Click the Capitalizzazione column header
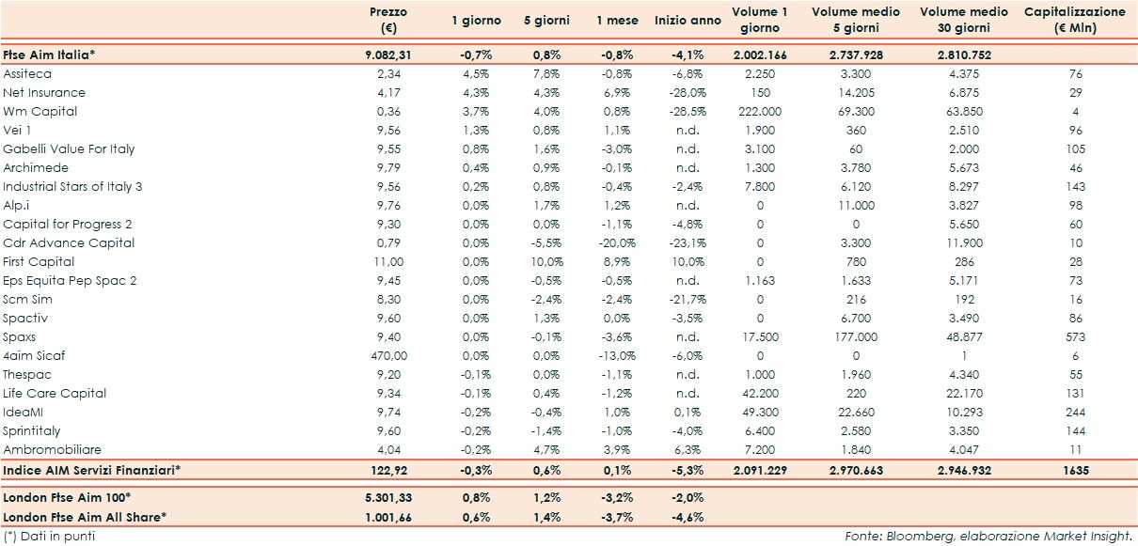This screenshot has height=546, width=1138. coord(1074,20)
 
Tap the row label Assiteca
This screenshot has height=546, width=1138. coord(27,73)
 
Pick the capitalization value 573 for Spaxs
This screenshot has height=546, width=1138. coord(1075,336)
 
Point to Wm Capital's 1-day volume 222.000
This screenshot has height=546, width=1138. coord(760,111)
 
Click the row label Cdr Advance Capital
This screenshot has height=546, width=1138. coord(69,242)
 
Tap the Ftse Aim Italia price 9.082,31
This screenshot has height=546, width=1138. coord(387,55)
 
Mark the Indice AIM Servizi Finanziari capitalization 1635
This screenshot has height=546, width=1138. coord(1074,468)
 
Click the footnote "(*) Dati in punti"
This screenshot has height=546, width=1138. coord(49,536)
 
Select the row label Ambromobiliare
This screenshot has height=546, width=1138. coord(53,449)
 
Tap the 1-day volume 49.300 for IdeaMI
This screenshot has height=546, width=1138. coord(760,412)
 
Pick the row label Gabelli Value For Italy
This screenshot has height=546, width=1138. coord(69,148)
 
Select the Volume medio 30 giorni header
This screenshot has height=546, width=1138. coord(963,20)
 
